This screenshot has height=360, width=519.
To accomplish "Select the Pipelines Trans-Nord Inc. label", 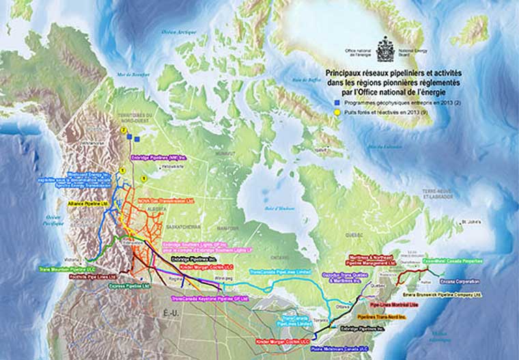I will [x=381, y=317].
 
